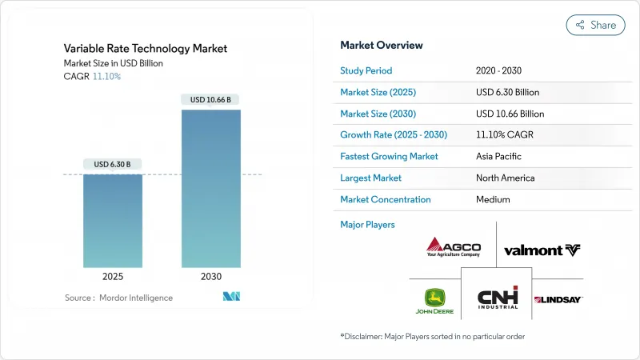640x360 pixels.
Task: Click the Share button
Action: [x=596, y=25]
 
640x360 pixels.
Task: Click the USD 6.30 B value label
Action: [x=113, y=165]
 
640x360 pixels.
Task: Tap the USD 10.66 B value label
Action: [x=211, y=100]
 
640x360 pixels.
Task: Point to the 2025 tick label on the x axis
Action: [x=113, y=277]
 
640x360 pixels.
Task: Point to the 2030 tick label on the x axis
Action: [x=211, y=277]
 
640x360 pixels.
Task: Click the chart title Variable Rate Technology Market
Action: [x=146, y=49]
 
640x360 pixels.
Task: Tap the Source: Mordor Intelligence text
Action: [x=118, y=298]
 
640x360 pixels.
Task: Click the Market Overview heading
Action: [x=382, y=46]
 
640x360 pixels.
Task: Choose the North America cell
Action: [x=505, y=178]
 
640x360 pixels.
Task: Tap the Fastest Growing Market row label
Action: [x=389, y=157]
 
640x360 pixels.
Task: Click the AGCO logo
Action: [x=454, y=246]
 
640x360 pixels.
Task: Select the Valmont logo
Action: [x=542, y=250]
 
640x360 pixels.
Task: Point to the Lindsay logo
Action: [x=558, y=299]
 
